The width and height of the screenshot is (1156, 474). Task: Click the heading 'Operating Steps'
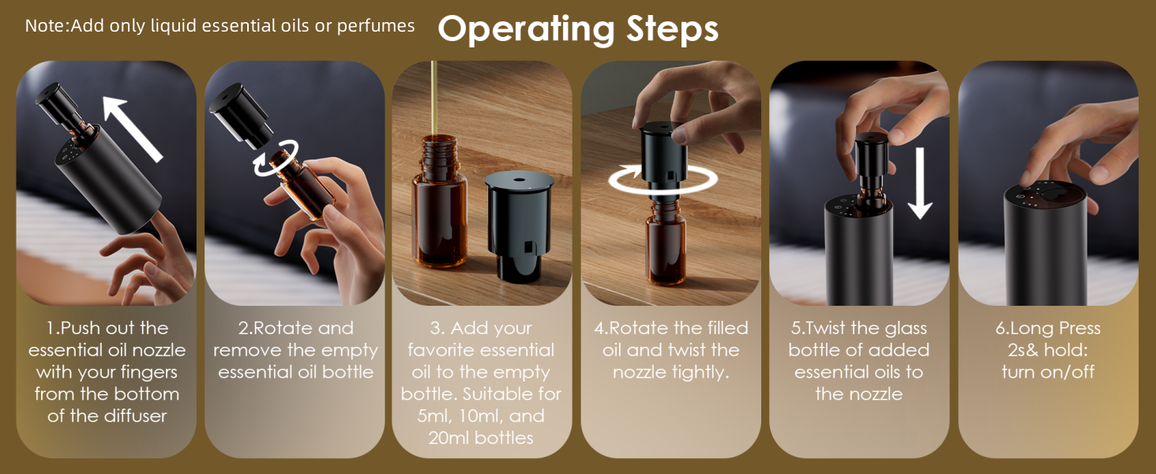click(x=578, y=29)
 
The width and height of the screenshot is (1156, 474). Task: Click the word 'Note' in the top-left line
click(x=47, y=26)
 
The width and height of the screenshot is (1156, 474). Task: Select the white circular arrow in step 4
click(x=658, y=181)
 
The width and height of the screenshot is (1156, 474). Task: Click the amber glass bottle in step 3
click(x=438, y=213)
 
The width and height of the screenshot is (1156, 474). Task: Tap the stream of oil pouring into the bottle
click(x=433, y=95)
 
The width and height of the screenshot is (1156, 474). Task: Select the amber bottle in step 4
click(x=666, y=245)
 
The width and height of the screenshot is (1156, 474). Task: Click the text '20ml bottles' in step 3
click(x=481, y=438)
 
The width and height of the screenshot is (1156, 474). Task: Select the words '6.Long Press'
click(x=1048, y=329)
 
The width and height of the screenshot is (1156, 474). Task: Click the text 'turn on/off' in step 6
click(x=1048, y=371)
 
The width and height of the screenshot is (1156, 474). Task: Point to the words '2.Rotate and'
click(x=295, y=329)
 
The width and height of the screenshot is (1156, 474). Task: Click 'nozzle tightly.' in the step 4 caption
click(x=670, y=371)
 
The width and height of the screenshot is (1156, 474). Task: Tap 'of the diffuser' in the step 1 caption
click(x=107, y=416)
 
